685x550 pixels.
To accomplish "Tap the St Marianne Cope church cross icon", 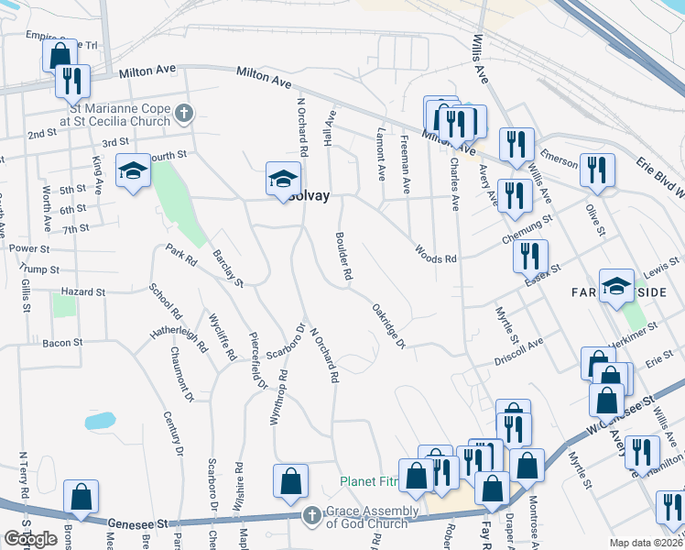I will [x=184, y=114].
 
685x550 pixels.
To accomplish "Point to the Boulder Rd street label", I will [x=346, y=258].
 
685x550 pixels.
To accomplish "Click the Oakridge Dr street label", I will [x=389, y=326].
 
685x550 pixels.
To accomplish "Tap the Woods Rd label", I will [x=435, y=253].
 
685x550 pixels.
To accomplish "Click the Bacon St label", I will [x=62, y=343].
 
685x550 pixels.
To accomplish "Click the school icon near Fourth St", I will [x=133, y=170].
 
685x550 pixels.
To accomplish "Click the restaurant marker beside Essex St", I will [x=530, y=256].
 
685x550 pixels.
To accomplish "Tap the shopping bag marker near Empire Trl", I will [x=60, y=54].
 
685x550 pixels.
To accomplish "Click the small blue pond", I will [x=100, y=422].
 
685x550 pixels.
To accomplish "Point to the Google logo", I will [x=30, y=540].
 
